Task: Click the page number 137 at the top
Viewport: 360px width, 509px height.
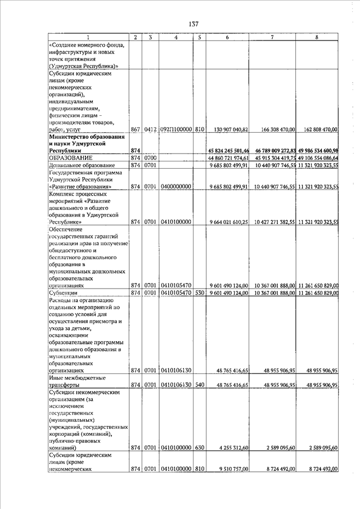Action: point(193,24)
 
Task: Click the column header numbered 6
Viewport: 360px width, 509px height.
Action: point(227,38)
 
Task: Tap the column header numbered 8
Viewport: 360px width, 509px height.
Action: point(317,38)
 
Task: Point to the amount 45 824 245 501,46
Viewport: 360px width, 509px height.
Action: point(228,151)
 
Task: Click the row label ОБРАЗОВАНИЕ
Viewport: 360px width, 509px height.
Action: point(71,158)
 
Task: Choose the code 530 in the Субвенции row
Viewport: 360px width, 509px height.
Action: point(199,292)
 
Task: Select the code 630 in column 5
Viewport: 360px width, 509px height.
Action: point(199,448)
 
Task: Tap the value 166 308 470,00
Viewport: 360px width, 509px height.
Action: point(274,129)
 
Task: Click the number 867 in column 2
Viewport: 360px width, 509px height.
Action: point(135,129)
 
